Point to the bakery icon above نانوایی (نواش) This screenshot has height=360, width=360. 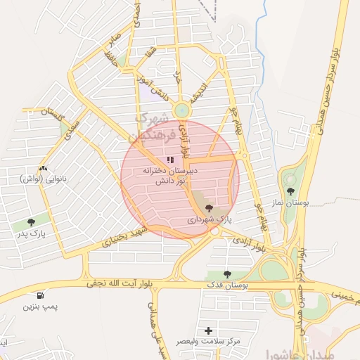tap(44, 168)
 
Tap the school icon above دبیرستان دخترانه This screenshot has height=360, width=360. tap(169, 160)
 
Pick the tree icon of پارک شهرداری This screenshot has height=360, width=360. tap(208, 207)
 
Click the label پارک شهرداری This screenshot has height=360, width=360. tap(209, 219)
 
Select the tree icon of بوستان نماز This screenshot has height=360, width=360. tap(290, 191)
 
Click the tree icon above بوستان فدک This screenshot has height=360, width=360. tap(226, 274)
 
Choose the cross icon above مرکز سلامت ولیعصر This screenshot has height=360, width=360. tap(208, 330)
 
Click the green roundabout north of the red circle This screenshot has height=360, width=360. tap(182, 110)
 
